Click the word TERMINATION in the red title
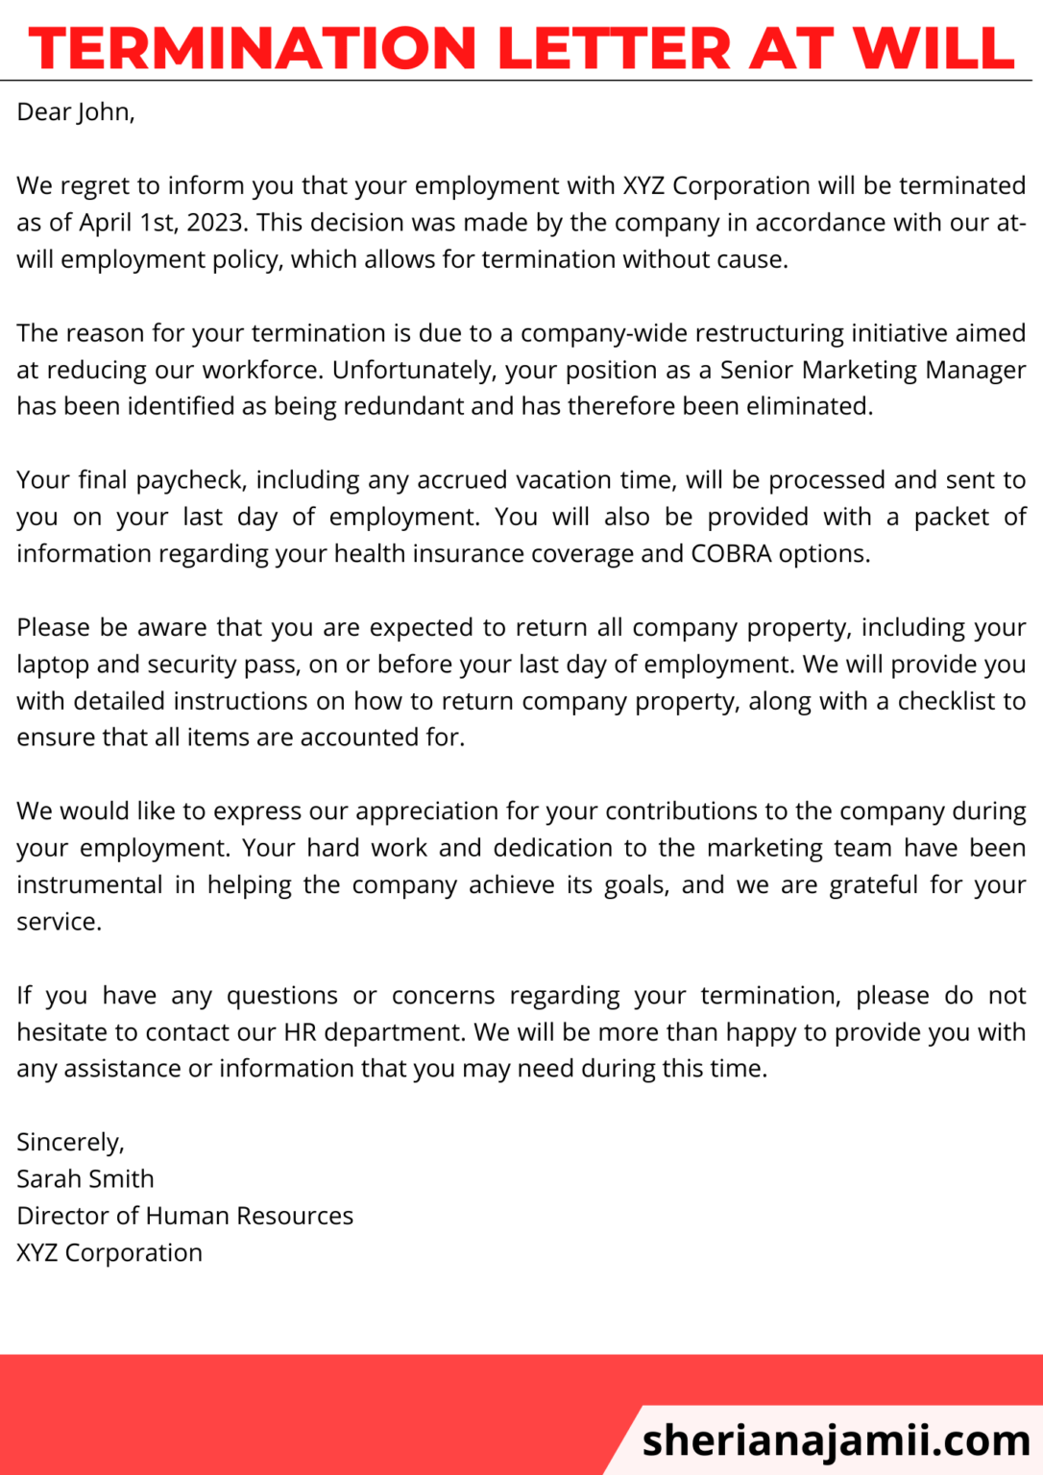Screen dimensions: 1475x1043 click(253, 48)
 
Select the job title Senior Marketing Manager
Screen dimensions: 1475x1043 click(873, 370)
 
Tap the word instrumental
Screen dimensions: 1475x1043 click(89, 884)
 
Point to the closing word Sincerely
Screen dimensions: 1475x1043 click(70, 1142)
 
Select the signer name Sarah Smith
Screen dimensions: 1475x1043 click(85, 1179)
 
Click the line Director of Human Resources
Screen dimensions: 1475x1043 click(184, 1216)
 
